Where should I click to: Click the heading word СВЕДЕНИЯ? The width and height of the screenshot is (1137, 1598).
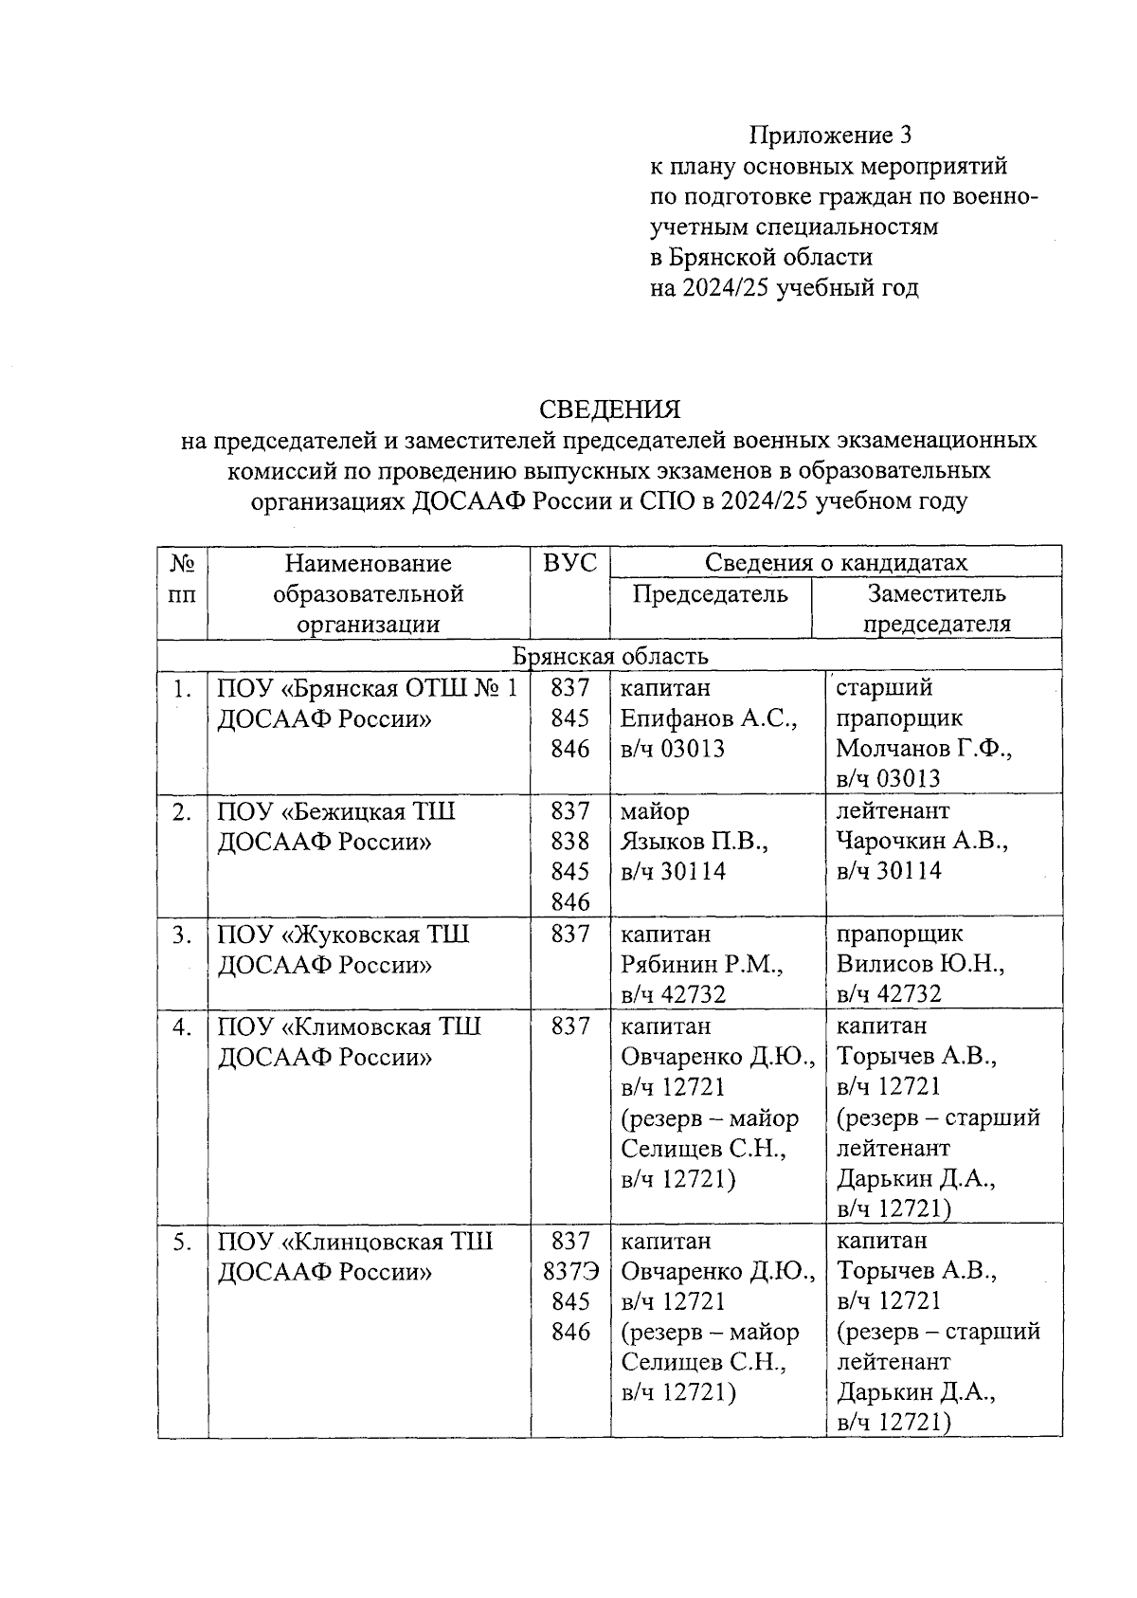[609, 409]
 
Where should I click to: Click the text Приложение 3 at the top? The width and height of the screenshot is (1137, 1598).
[830, 136]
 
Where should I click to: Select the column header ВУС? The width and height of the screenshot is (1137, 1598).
[569, 563]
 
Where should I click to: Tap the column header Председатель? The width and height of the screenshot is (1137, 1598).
[710, 594]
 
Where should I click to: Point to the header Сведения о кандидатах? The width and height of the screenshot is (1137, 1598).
[836, 562]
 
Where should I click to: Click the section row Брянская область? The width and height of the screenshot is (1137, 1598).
[609, 656]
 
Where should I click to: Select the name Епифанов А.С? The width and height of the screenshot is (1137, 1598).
[708, 718]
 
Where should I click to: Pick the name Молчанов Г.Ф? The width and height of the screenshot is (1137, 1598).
[924, 749]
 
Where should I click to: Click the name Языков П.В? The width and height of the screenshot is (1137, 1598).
[694, 842]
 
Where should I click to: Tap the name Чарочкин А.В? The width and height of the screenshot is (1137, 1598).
[922, 841]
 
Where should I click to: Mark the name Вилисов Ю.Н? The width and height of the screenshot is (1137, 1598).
[920, 965]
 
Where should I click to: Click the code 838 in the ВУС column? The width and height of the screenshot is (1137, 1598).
[569, 842]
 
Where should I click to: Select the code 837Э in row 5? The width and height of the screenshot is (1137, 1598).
[569, 1271]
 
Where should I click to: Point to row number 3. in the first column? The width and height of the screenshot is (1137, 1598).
[183, 935]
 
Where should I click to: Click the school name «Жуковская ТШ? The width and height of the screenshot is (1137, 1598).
[376, 935]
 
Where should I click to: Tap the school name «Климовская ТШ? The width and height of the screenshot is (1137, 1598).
[382, 1026]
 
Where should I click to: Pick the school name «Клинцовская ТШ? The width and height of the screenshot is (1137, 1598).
[388, 1242]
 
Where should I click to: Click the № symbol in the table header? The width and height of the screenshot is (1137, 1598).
[183, 564]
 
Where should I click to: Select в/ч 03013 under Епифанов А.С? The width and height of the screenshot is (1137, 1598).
[673, 749]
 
